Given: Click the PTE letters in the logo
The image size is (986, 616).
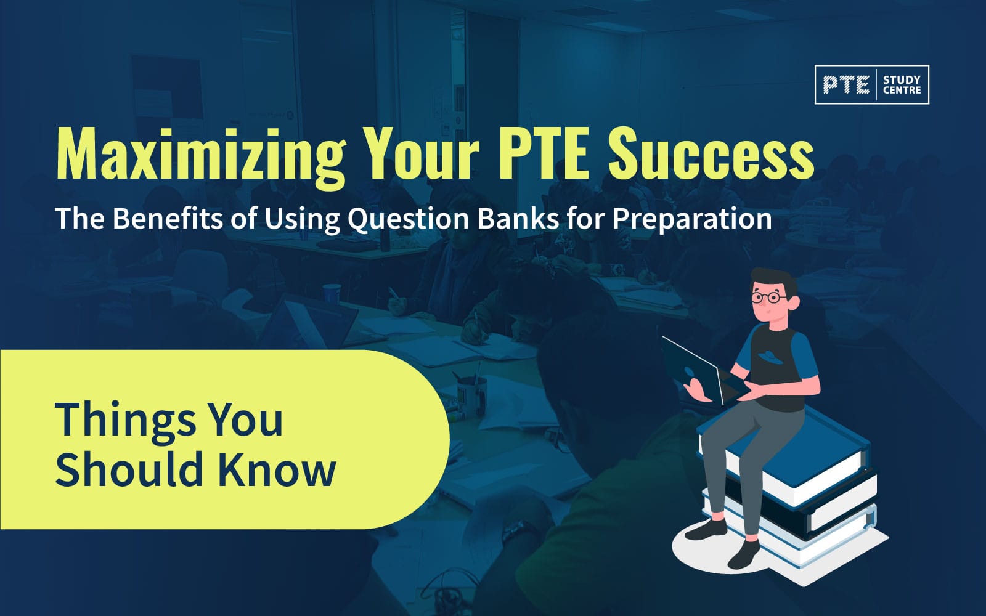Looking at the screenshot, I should [x=846, y=85].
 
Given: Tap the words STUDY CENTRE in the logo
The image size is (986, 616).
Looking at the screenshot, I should [x=902, y=85].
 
